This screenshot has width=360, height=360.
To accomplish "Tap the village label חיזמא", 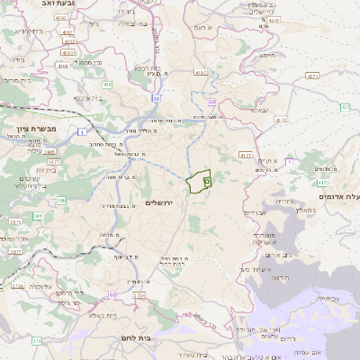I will [268, 55].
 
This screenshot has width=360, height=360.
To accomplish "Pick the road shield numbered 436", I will [107, 85].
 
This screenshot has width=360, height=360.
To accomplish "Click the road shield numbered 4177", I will [245, 156].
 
